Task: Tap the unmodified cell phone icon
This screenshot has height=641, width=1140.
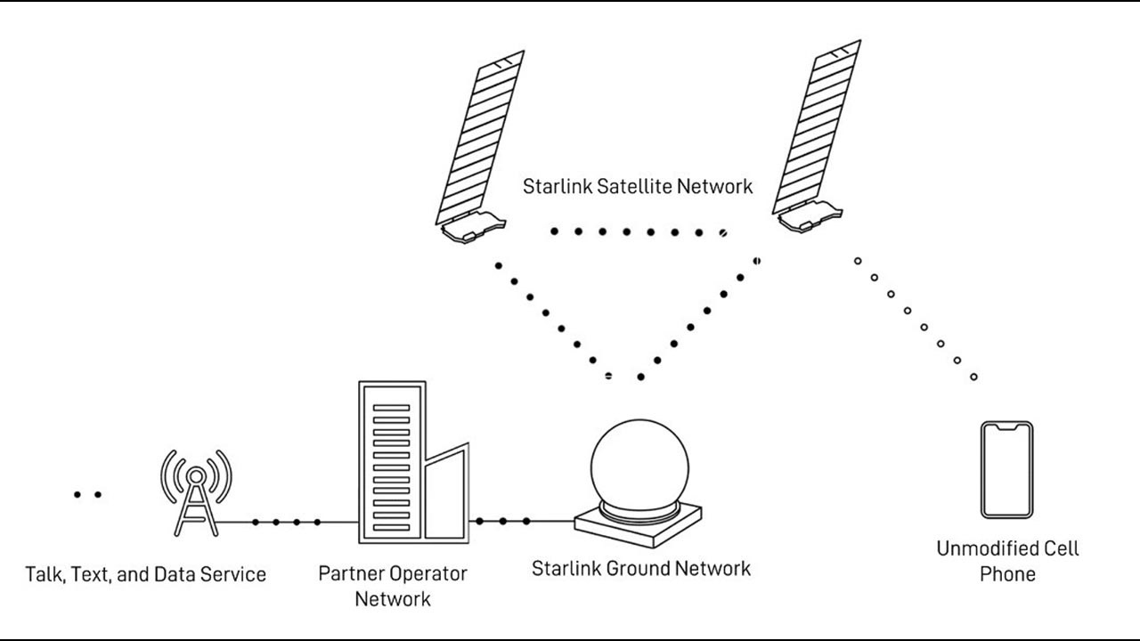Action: [x=1006, y=470]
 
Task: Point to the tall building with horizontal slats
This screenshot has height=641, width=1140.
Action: [x=392, y=462]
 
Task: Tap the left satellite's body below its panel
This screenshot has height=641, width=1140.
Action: [x=473, y=230]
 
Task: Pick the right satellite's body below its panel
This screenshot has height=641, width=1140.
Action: [x=809, y=217]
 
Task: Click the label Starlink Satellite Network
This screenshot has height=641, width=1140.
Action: [x=637, y=187]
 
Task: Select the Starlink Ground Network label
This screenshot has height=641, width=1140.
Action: [x=640, y=568]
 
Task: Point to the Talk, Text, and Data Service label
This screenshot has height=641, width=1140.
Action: [x=146, y=574]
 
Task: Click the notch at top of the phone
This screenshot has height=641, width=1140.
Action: [x=1006, y=428]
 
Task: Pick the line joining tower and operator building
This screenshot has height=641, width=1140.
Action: [x=286, y=522]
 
